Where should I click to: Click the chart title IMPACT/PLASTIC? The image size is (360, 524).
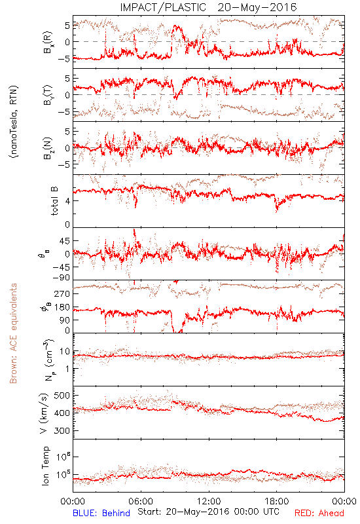tap(163, 7)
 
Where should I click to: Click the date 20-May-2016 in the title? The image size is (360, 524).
tap(257, 7)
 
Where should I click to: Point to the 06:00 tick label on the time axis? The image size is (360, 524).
tap(141, 501)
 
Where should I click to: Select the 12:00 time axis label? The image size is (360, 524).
tap(209, 501)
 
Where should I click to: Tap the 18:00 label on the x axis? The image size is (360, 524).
tap(277, 501)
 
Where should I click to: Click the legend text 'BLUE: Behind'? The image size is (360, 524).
tap(101, 513)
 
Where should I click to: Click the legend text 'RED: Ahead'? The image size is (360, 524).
tap(319, 513)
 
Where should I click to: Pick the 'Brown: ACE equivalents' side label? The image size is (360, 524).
tap(13, 333)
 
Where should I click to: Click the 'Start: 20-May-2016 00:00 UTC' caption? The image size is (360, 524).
tap(208, 512)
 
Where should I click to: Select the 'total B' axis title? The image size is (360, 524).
tap(54, 201)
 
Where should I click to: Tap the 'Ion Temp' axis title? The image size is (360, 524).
tap(45, 466)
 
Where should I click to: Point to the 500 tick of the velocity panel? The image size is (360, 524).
tap(62, 396)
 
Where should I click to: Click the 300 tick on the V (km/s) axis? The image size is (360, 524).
tap(62, 430)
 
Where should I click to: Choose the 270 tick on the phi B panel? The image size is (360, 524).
tap(62, 293)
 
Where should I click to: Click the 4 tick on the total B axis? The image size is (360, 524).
tap(67, 201)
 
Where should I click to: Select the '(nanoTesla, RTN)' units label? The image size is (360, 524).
tap(14, 122)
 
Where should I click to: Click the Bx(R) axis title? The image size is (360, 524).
tap(47, 42)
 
